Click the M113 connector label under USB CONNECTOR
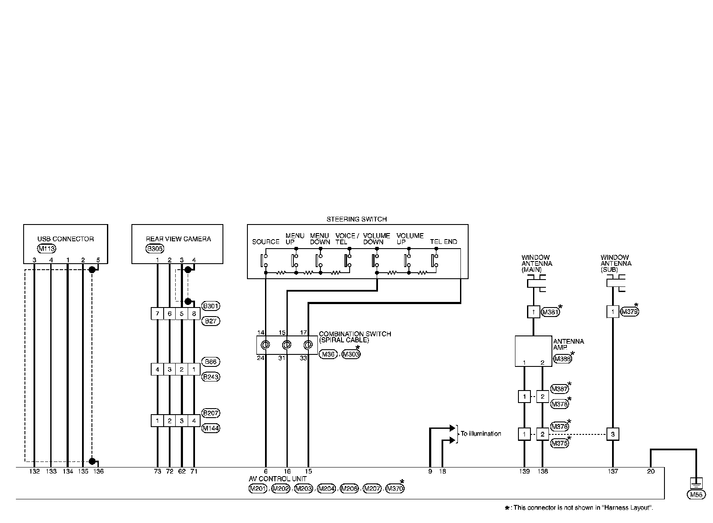(x=46, y=248)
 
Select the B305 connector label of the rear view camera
(x=155, y=248)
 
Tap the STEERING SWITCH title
(x=356, y=219)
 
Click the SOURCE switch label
(x=266, y=242)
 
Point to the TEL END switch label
(x=444, y=242)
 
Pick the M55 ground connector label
(x=696, y=495)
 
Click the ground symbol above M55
(x=696, y=482)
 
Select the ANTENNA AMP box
(x=533, y=351)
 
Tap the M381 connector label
(x=550, y=312)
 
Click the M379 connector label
(x=629, y=312)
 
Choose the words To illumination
(x=481, y=434)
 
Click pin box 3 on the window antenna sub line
(x=612, y=434)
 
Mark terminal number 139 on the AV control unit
(x=524, y=471)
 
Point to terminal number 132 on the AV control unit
(x=34, y=471)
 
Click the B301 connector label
(x=210, y=306)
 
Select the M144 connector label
(x=210, y=428)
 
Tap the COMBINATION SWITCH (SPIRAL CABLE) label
(x=355, y=337)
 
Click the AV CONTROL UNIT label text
(x=277, y=479)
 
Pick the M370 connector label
(x=395, y=489)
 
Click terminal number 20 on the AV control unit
(x=651, y=471)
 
